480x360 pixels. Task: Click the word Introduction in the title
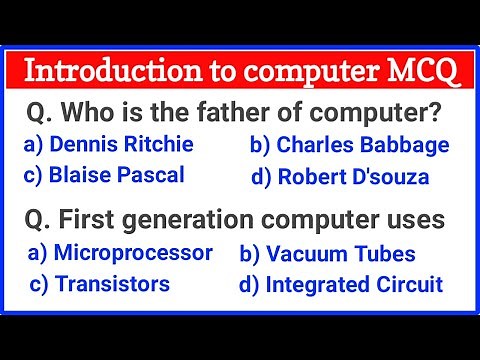point(99,72)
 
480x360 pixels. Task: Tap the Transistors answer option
point(99,284)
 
